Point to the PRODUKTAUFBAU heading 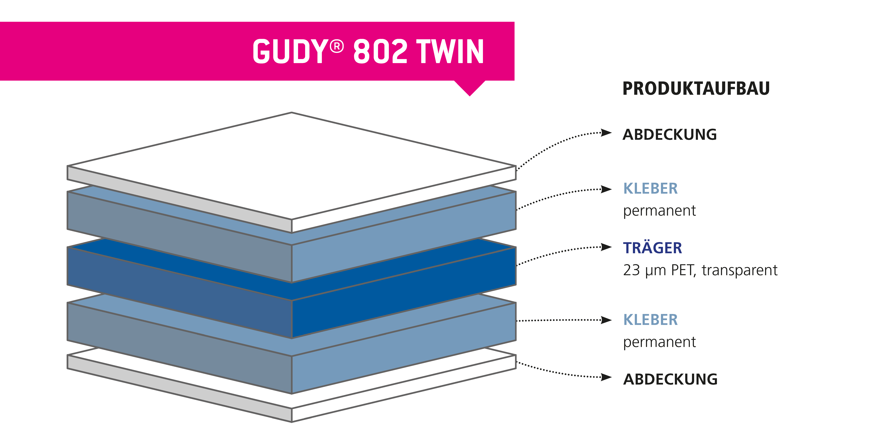coord(696,88)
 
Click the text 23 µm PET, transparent coord(700,270)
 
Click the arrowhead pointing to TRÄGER coord(606,247)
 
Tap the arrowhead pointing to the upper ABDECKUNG coord(606,133)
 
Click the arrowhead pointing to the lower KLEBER coord(606,320)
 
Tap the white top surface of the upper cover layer coord(292,166)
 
